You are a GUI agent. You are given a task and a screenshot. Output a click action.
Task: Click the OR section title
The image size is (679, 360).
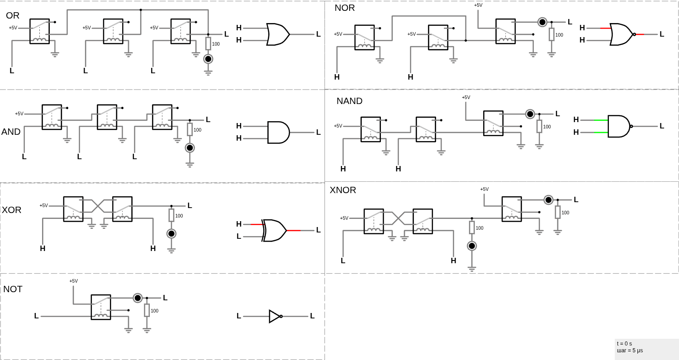tap(13, 16)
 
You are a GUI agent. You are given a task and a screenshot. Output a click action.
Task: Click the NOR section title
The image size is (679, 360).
tap(345, 8)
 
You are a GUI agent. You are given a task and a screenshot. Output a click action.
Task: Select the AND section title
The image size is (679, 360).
tap(11, 132)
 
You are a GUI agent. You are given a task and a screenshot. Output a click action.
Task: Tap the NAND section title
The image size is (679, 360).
tap(349, 101)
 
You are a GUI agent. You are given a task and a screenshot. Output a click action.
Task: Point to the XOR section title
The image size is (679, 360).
tap(12, 210)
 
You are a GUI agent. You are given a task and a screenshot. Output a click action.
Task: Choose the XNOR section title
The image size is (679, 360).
tap(343, 190)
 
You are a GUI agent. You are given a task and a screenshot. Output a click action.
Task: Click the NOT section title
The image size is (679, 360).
tap(13, 289)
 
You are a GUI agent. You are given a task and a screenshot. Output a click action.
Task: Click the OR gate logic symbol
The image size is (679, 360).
tap(277, 34)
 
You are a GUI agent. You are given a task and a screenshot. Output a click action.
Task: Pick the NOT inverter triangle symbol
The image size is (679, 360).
tap(275, 316)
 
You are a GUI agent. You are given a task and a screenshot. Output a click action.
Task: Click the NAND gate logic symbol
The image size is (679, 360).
tap(618, 126)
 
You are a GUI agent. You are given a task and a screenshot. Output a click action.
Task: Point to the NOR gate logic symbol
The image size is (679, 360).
tap(621, 34)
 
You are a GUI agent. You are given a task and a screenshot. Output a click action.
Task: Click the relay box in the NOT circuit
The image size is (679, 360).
tap(101, 307)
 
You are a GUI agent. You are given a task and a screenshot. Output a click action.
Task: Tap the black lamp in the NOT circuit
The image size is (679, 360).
tap(138, 298)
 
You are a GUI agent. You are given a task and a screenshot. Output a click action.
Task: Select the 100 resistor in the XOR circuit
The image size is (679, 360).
tap(171, 215)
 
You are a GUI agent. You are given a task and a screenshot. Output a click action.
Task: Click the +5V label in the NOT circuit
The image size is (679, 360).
tap(73, 281)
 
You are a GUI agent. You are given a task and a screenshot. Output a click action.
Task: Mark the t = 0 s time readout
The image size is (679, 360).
tap(625, 344)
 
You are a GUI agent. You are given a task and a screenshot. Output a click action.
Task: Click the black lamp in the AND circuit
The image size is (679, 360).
tap(190, 148)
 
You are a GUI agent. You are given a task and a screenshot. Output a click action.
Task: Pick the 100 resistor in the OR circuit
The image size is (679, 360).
tap(208, 43)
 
